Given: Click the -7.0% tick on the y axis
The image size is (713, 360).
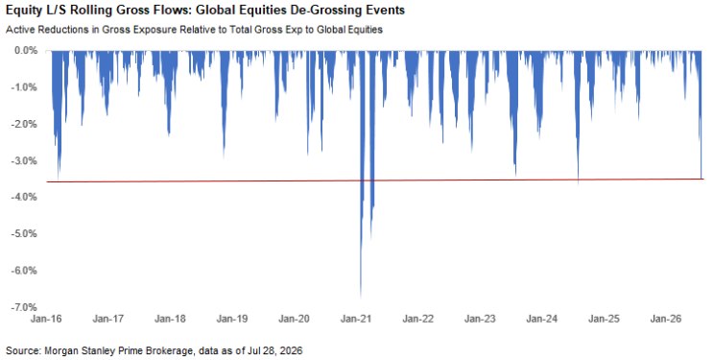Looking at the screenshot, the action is (25, 307).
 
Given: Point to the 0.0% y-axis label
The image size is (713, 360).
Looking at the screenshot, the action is (26, 50).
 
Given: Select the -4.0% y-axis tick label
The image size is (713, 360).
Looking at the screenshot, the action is (25, 197).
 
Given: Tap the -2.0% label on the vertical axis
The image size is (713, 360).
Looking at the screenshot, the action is (25, 124).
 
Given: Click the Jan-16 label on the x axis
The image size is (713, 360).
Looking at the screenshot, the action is (46, 319).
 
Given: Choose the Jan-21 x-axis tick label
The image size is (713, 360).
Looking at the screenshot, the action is (356, 319).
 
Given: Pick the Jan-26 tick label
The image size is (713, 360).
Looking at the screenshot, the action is (666, 319).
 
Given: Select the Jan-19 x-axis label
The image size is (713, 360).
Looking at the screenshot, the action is (232, 319).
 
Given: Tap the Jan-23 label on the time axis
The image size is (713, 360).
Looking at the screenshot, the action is (480, 319).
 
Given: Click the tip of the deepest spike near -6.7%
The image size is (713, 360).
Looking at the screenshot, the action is (361, 298).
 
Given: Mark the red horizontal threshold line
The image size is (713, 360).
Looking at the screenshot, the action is (375, 180).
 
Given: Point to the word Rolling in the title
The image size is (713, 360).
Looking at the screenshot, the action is (87, 10).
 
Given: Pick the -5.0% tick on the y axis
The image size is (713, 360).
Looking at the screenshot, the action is (25, 233).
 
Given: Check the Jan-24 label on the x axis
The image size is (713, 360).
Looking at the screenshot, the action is (541, 319).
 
